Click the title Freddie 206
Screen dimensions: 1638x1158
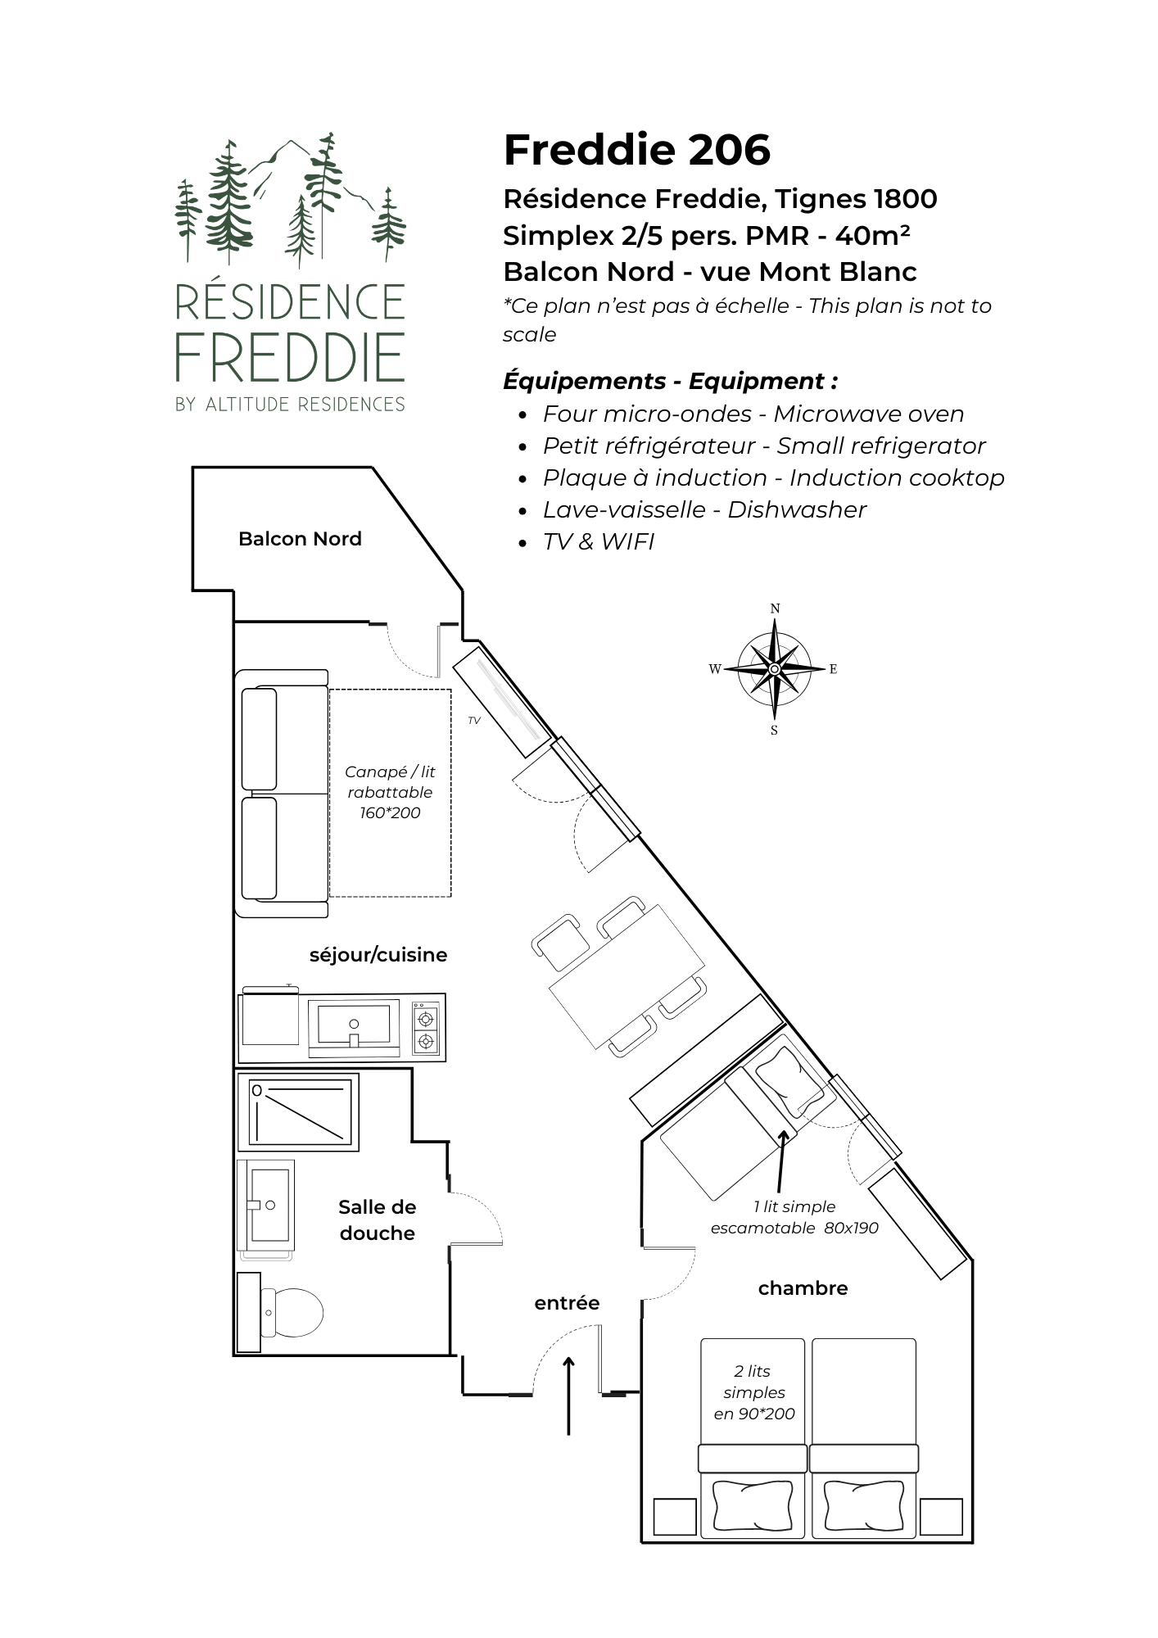tap(636, 150)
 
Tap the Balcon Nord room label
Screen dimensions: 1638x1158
tap(300, 539)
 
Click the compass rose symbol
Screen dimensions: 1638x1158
tap(774, 668)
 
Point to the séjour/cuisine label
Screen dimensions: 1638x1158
tap(378, 955)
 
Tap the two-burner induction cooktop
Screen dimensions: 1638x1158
tap(425, 1030)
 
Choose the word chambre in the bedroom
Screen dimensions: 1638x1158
tap(803, 1288)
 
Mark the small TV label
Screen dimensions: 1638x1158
tap(473, 721)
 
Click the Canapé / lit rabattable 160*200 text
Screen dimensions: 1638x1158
tap(390, 792)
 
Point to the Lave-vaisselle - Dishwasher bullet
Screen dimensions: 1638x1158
tap(703, 509)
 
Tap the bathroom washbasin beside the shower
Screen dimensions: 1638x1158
tap(267, 1205)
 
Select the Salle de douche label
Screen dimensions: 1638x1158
tap(377, 1219)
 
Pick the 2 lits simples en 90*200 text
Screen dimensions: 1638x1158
tap(753, 1392)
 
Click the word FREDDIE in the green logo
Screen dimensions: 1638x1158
tap(290, 358)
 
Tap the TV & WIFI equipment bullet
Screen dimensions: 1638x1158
tap(598, 541)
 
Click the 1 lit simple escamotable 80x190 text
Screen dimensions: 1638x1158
tap(794, 1217)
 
